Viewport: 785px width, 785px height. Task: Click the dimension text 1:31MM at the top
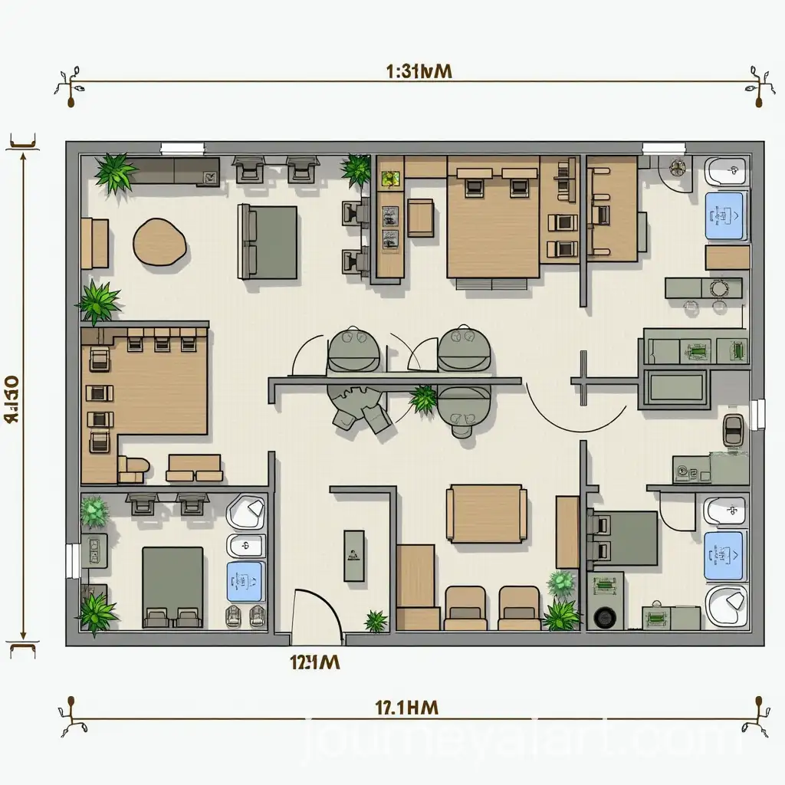pyautogui.click(x=419, y=71)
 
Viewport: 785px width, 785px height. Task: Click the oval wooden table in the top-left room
pyautogui.click(x=159, y=242)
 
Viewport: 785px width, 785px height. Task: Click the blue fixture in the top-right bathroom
pyautogui.click(x=724, y=214)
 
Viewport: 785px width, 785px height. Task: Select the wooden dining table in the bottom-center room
pyautogui.click(x=486, y=513)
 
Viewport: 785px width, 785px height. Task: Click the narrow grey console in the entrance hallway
pyautogui.click(x=354, y=555)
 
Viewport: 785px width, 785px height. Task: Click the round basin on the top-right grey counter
pyautogui.click(x=719, y=288)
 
